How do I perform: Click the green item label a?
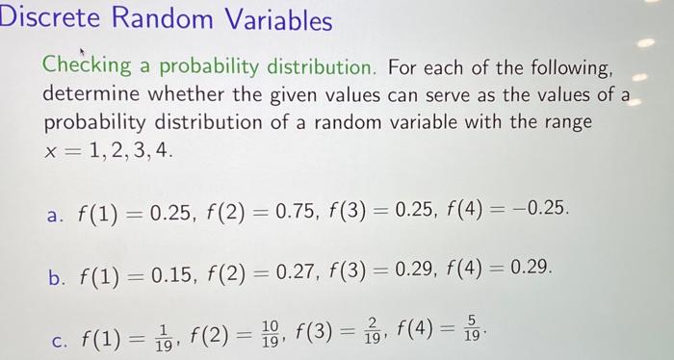click(x=53, y=209)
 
